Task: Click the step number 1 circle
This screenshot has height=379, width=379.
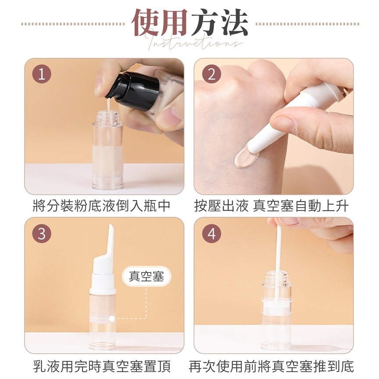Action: point(42,74)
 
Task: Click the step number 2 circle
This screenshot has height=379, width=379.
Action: point(211,74)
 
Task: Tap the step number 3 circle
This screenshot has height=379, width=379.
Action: point(42,233)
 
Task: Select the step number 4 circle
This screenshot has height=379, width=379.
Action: point(211,233)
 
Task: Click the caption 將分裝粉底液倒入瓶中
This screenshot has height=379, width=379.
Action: point(101,206)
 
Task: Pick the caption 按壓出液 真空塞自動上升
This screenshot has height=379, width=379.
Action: point(272,206)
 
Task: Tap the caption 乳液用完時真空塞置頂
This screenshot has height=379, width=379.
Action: point(101,366)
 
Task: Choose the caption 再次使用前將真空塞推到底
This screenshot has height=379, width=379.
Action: point(272,366)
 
